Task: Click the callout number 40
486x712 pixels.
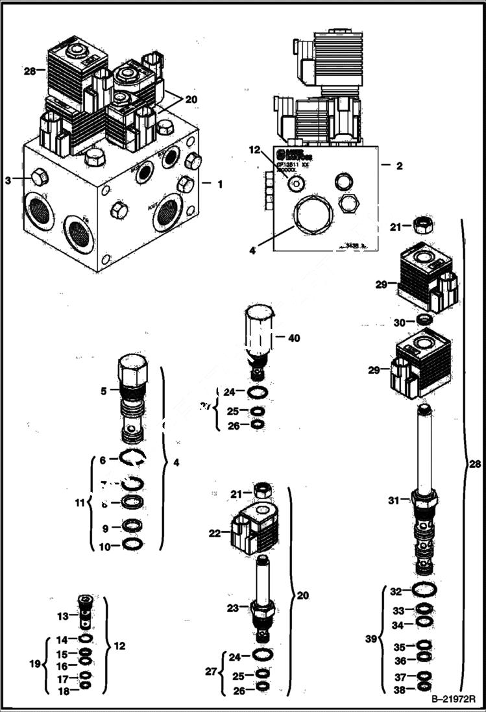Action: [x=294, y=338]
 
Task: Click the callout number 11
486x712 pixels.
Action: [x=80, y=502]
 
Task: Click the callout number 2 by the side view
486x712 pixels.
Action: [x=400, y=166]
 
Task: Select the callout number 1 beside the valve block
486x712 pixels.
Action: [x=219, y=184]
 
